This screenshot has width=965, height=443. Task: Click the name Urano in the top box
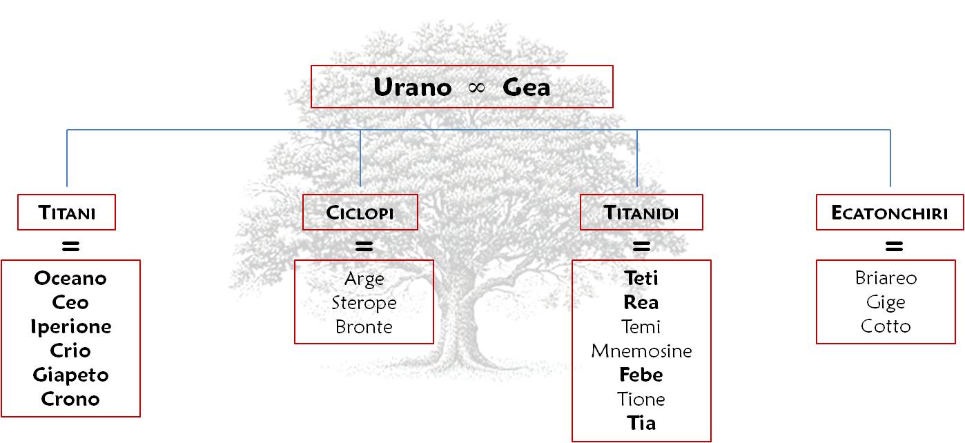(x=413, y=88)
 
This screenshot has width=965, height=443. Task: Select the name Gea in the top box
(x=527, y=88)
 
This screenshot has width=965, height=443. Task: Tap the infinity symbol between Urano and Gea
(x=477, y=88)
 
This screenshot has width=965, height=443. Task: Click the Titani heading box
(x=67, y=213)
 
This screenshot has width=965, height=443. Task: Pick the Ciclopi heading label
(x=360, y=213)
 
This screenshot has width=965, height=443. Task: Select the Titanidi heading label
(x=641, y=213)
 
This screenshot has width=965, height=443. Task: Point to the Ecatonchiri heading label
(x=890, y=213)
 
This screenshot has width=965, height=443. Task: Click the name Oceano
(x=70, y=278)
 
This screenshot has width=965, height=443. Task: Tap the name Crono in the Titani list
(x=70, y=399)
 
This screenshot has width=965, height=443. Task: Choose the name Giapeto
(x=70, y=375)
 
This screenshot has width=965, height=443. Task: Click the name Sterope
(x=364, y=302)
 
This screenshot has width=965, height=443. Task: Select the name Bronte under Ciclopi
(x=364, y=326)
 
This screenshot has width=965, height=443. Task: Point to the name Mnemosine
(x=641, y=351)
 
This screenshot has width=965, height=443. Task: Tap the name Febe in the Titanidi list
(x=641, y=375)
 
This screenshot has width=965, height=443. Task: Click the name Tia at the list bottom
(x=641, y=423)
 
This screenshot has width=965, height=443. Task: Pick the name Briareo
(x=886, y=278)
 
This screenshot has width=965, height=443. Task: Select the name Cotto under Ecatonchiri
(x=886, y=326)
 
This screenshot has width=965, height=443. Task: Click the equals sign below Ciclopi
(x=364, y=245)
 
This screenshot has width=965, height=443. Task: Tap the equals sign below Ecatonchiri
(x=894, y=245)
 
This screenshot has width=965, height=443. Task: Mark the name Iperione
(x=70, y=326)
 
